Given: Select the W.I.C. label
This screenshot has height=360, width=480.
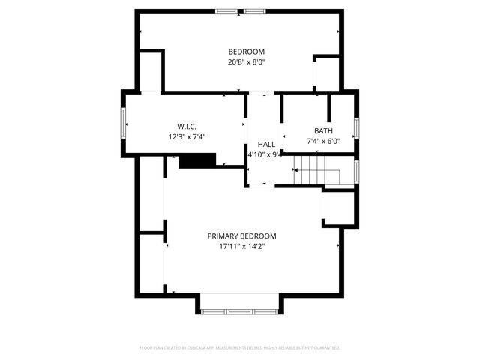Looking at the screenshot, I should [187, 126].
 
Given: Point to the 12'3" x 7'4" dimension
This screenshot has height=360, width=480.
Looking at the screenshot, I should [187, 136].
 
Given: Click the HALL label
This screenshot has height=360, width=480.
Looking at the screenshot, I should [266, 144].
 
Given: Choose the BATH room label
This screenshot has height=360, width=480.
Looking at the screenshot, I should [323, 130].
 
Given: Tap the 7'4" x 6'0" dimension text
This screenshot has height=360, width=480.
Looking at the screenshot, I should [323, 141].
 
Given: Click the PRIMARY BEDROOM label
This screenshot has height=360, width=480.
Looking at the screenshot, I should [241, 235].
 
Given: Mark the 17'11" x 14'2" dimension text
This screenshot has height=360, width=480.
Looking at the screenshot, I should [241, 246].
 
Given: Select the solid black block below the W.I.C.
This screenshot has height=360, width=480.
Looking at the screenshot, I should [197, 160].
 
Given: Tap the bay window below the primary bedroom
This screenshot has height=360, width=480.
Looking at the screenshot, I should [239, 310].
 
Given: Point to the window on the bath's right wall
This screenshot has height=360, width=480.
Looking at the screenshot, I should [357, 127].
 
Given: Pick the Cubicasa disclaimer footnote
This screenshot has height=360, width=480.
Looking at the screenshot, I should [240, 348].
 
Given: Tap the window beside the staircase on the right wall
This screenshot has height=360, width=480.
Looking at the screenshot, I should [357, 172].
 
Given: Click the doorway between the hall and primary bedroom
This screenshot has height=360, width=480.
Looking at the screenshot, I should [262, 186].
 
